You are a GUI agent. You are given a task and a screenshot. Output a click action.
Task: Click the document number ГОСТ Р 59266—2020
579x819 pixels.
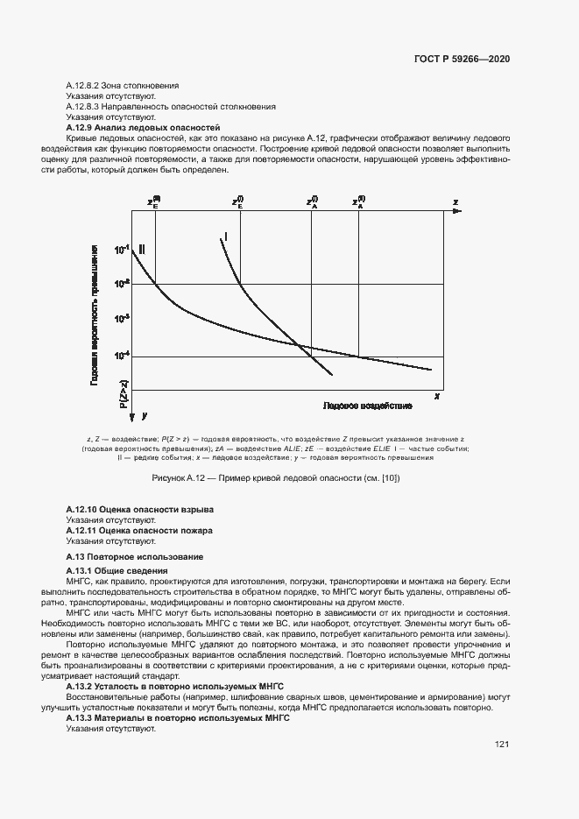462,59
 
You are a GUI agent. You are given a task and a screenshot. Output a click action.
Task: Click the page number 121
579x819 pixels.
502,745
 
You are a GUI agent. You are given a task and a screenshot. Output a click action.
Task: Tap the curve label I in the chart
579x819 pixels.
226,237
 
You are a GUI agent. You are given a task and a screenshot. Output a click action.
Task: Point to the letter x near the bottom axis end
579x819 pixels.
436,397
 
